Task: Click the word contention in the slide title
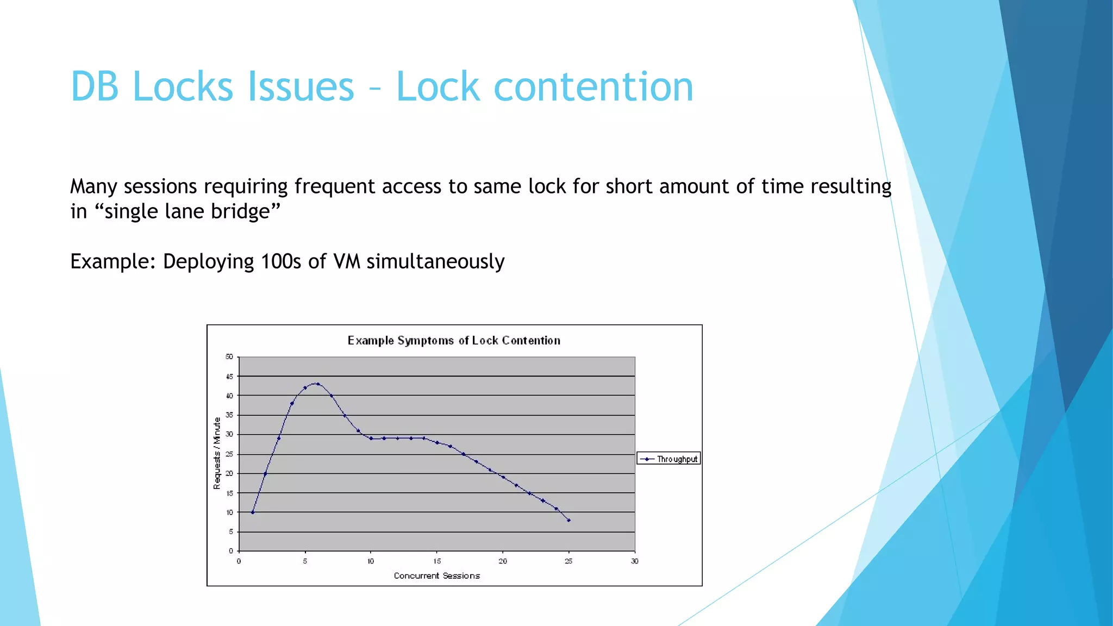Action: click(x=593, y=87)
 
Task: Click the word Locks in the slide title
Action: click(x=189, y=87)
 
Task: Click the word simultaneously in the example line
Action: click(x=435, y=261)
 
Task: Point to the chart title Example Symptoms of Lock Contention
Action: click(x=454, y=341)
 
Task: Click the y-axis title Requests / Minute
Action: click(x=217, y=453)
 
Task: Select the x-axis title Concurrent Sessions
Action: click(x=437, y=575)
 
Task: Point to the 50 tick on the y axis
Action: click(x=229, y=357)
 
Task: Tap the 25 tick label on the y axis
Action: click(x=229, y=454)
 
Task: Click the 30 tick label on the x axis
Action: click(x=634, y=561)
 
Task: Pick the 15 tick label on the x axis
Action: click(x=437, y=561)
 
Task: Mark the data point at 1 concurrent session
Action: click(x=253, y=512)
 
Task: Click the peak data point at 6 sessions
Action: click(x=318, y=384)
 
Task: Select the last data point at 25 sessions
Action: click(x=568, y=520)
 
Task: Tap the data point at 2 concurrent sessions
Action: click(x=265, y=474)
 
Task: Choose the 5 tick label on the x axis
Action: click(x=305, y=561)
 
